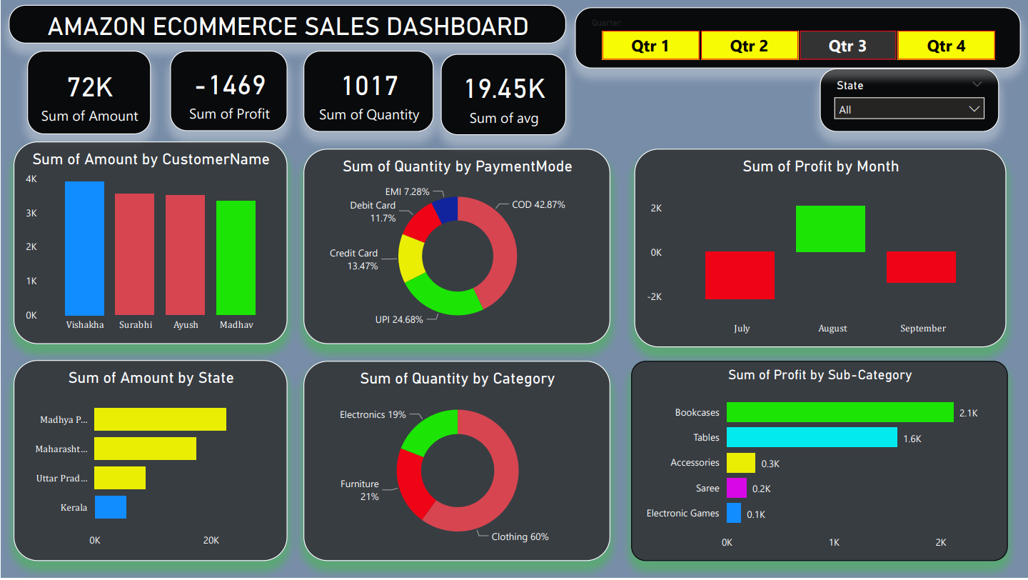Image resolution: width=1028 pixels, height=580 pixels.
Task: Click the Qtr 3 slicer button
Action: (847, 46)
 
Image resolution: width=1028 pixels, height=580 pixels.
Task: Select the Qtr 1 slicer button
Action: (650, 46)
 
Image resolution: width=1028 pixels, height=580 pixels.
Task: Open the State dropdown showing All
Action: (909, 109)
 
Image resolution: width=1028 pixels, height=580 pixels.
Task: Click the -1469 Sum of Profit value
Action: (230, 86)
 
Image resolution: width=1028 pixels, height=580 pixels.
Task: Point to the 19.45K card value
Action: (504, 89)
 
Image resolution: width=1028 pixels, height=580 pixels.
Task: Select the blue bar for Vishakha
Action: (84, 248)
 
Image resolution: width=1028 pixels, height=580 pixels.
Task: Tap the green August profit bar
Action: (830, 229)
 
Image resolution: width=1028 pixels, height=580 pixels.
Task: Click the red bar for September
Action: (921, 266)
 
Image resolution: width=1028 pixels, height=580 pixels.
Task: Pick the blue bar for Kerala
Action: (110, 507)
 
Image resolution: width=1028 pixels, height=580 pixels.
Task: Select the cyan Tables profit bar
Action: (812, 437)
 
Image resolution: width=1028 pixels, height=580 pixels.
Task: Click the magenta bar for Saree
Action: (736, 488)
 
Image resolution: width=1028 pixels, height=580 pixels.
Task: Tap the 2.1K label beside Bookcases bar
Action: (969, 413)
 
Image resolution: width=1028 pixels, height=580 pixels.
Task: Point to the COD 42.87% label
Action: (538, 204)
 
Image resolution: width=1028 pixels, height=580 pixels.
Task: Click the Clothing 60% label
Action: (520, 536)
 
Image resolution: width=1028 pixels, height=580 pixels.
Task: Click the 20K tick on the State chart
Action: (211, 540)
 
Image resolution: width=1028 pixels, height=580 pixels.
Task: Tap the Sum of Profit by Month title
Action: (820, 166)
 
